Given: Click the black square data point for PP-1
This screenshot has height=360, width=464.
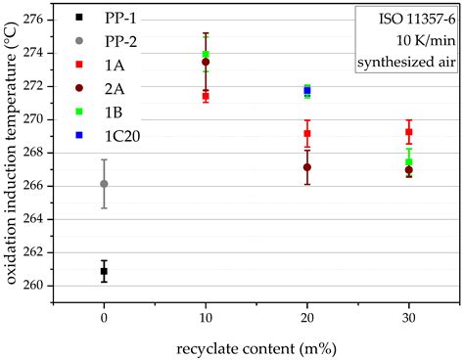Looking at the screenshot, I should point(104,271).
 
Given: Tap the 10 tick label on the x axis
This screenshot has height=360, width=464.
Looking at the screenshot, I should point(206,320).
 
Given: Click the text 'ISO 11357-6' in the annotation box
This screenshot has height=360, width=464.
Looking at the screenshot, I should point(408,20).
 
